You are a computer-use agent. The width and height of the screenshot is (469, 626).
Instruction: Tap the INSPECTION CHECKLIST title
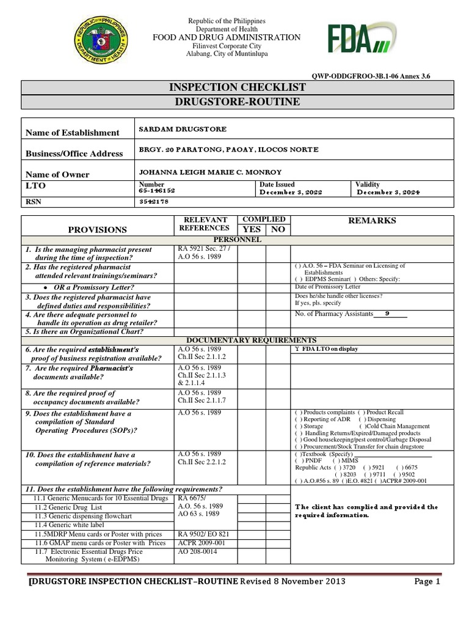coord(237,87)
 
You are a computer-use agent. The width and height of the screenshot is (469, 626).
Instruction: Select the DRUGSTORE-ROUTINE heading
coord(237,102)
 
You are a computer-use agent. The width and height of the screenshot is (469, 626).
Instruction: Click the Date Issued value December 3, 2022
coord(291,192)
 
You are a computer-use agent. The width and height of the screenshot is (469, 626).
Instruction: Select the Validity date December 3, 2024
coord(388,192)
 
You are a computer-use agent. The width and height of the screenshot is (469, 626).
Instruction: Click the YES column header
coord(251,229)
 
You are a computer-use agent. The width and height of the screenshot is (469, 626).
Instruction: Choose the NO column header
coord(278,229)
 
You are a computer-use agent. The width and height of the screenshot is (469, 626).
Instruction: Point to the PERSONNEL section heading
coord(237,240)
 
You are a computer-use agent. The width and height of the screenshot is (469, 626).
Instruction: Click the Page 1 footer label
coord(427,582)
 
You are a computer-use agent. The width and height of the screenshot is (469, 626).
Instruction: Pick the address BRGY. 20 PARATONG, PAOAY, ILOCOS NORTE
coord(229,150)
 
